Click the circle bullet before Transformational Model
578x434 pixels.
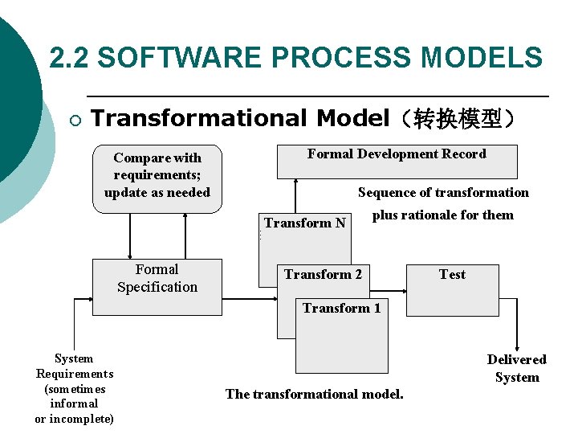point(75,121)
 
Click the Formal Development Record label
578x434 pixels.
point(397,154)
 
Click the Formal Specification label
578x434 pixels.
point(157,279)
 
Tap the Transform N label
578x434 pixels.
point(305,223)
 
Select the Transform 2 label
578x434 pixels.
point(323,275)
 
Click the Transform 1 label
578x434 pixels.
point(341,309)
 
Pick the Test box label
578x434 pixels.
point(452,275)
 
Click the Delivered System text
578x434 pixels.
point(516,368)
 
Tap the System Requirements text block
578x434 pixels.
point(74,388)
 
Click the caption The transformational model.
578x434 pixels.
point(315,394)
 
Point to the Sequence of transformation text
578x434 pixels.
point(443,192)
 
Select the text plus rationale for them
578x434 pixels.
point(442,215)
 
